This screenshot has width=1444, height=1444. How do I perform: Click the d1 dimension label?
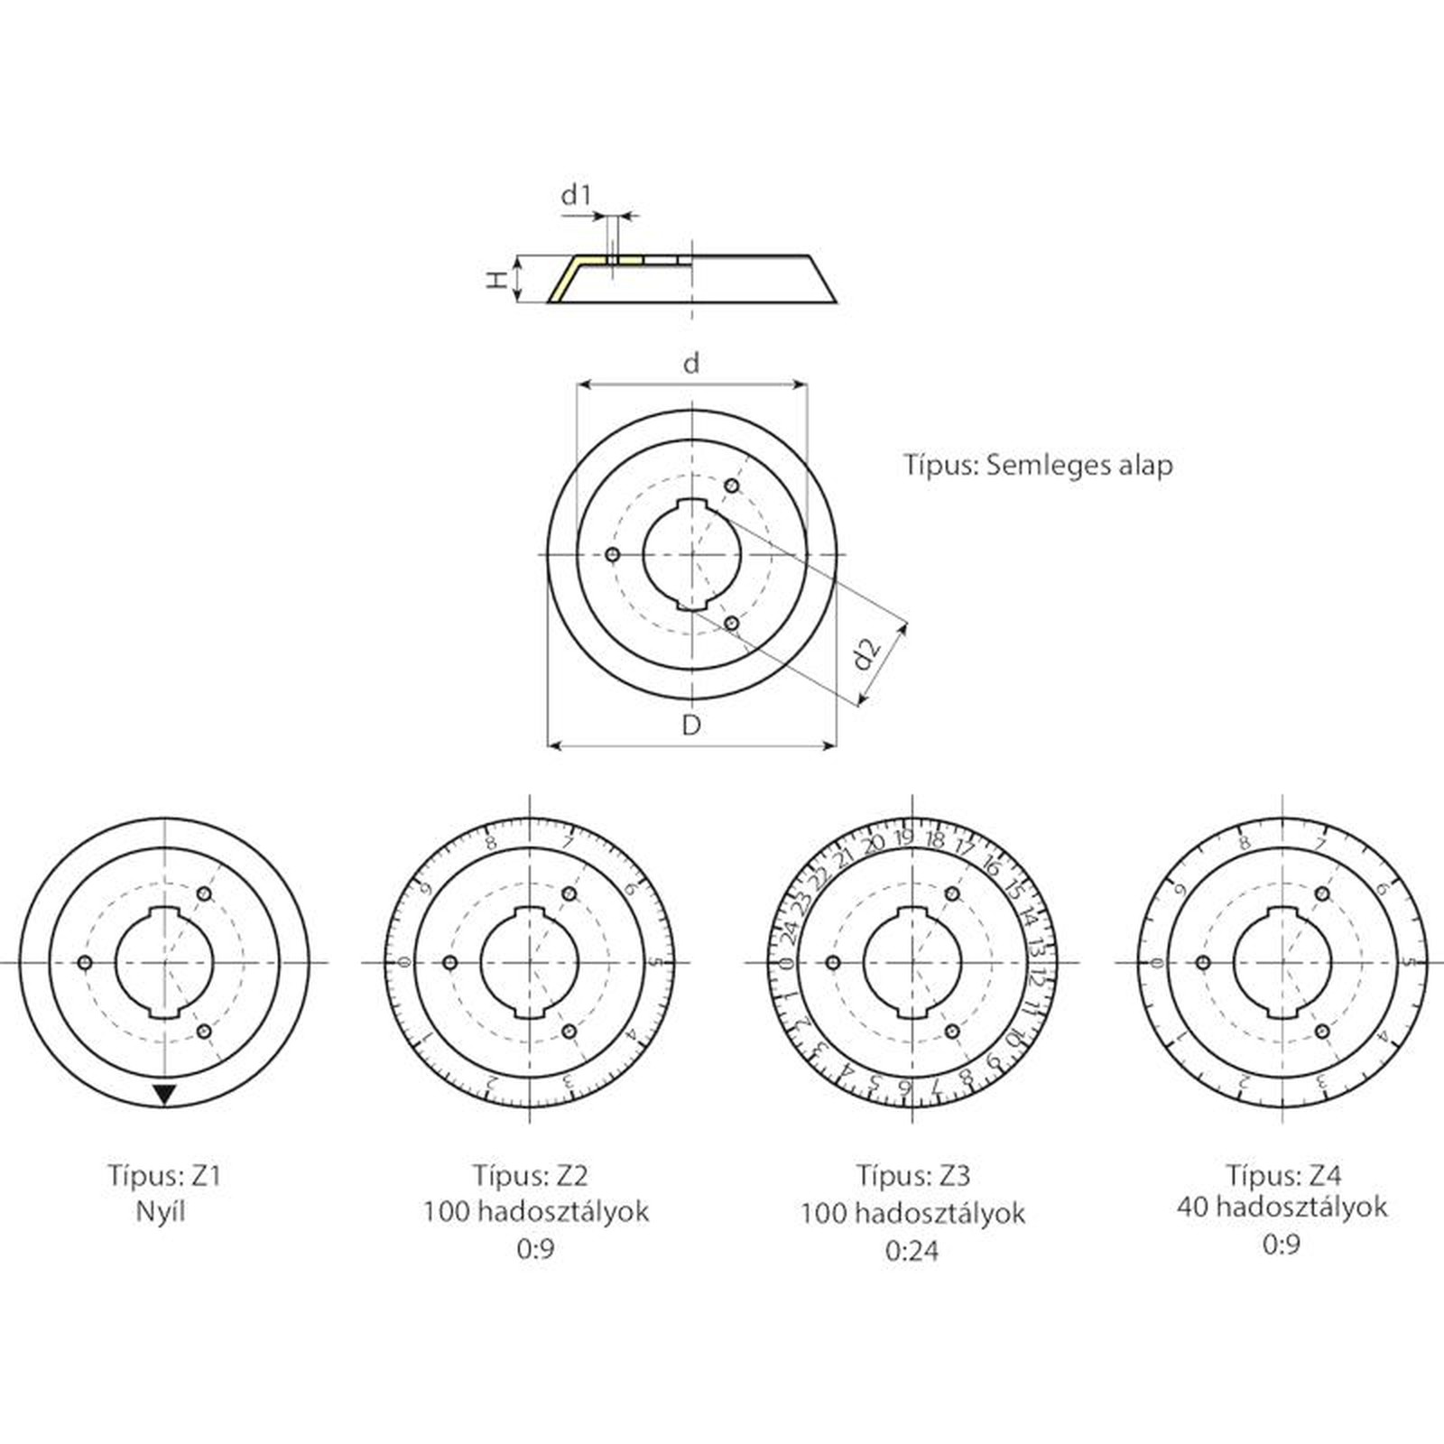pyautogui.click(x=576, y=195)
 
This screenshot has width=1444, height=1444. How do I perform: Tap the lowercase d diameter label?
pyautogui.click(x=691, y=364)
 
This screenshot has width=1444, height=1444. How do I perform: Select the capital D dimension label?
pyautogui.click(x=691, y=725)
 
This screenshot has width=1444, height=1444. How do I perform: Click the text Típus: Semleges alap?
pyautogui.click(x=1038, y=465)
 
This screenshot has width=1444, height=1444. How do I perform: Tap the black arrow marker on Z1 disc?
pyautogui.click(x=164, y=1095)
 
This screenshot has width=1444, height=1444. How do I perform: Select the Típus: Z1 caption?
pyautogui.click(x=164, y=1176)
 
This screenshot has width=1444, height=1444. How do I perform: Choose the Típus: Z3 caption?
pyautogui.click(x=913, y=1176)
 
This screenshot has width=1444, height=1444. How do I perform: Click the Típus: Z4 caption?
pyautogui.click(x=1283, y=1175)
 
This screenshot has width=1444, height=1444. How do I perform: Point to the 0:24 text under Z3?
pyautogui.click(x=912, y=1250)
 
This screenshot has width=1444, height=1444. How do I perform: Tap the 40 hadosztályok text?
pyautogui.click(x=1282, y=1208)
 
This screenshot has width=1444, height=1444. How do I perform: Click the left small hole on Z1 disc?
pyautogui.click(x=86, y=963)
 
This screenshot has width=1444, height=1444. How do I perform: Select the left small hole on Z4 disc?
pyautogui.click(x=1203, y=963)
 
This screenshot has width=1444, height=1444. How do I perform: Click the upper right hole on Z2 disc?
pyautogui.click(x=569, y=893)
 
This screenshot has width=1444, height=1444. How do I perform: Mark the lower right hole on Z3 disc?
pyautogui.click(x=951, y=1031)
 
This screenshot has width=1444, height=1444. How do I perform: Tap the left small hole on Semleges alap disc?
pyautogui.click(x=613, y=554)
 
